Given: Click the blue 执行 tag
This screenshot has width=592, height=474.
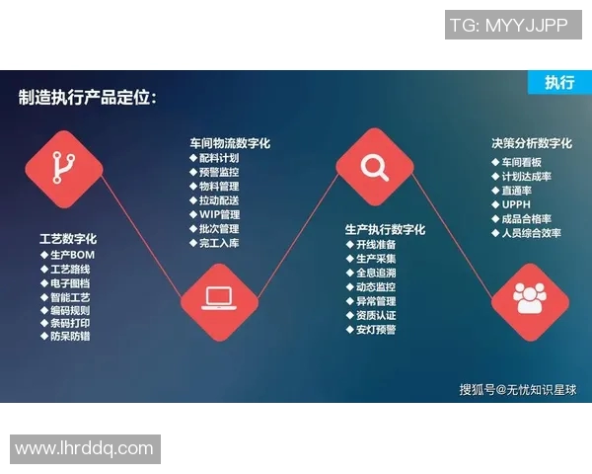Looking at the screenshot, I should (559, 82).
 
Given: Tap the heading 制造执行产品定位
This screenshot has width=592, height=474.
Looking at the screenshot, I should (87, 98).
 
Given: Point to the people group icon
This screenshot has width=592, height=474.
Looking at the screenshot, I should (530, 298).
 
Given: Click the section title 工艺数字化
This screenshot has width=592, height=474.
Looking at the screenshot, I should (68, 239).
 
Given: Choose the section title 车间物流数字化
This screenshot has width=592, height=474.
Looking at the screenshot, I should (230, 143).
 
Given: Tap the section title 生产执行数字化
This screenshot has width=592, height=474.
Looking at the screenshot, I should (386, 229).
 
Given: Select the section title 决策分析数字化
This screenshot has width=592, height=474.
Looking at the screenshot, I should (532, 143).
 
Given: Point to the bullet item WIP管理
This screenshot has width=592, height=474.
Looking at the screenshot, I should (219, 214).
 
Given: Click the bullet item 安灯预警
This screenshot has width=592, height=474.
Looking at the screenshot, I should (375, 329).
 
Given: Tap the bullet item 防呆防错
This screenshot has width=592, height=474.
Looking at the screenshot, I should (70, 336).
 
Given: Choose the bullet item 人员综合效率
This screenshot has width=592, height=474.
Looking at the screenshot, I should (531, 233).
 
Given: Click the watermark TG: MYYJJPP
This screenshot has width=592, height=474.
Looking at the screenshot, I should (513, 26).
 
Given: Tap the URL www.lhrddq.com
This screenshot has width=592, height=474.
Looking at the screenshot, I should (84, 449).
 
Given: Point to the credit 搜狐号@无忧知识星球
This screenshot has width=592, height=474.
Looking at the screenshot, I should (517, 389).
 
